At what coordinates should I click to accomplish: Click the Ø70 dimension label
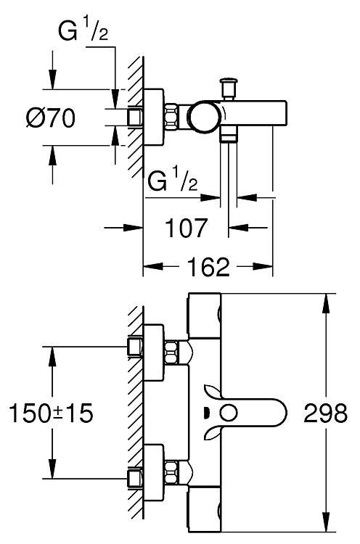[51, 118]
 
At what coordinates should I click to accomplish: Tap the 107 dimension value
[187, 228]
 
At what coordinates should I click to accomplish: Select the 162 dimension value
[208, 267]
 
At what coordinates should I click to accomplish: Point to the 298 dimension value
[325, 413]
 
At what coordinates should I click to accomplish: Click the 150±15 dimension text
[51, 413]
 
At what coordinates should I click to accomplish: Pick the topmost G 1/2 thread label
[83, 32]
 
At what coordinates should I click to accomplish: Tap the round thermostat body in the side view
[203, 118]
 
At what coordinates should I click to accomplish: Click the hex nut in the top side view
[171, 117]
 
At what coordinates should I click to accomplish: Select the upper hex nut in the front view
[171, 353]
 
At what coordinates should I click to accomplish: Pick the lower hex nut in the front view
[171, 472]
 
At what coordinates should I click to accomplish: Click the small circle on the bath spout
[229, 413]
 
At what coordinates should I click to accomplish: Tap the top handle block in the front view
[205, 316]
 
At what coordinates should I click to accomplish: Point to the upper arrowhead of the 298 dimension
[326, 304]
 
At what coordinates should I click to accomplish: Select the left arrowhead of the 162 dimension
[153, 267]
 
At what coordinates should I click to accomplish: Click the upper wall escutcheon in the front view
[153, 353]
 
